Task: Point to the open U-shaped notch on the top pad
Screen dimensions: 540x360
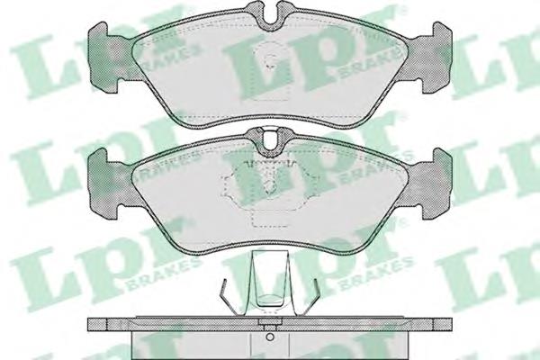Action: [x=271, y=16]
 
